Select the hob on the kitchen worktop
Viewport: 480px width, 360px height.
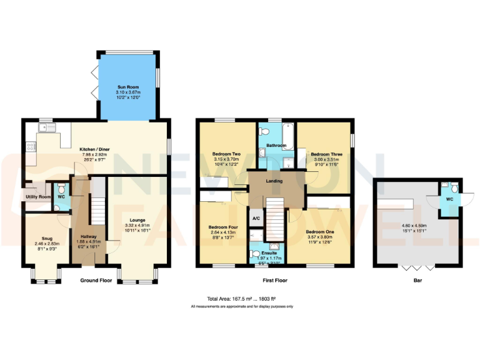(30, 148)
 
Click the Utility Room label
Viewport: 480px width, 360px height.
(38, 197)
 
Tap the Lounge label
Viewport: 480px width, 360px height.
(138, 220)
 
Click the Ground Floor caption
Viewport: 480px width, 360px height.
(96, 281)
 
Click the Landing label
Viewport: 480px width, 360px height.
(274, 181)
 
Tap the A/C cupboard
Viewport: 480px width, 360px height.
(256, 219)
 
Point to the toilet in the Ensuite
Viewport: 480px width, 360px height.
(256, 254)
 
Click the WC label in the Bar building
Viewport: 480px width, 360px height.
(449, 199)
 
